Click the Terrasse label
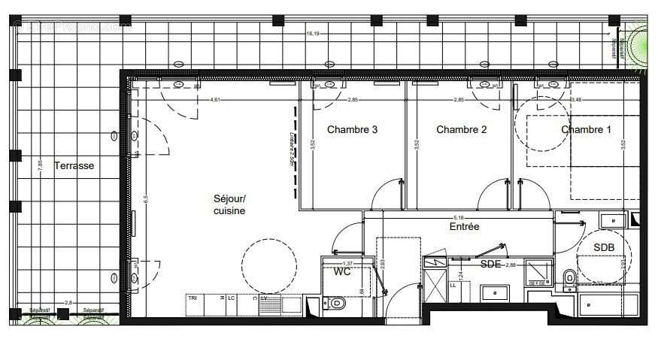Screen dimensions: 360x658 tap(74, 166)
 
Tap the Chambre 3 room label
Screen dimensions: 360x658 tap(352, 129)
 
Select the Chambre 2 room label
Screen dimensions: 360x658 tap(461, 129)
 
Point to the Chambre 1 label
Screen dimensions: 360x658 tap(586, 129)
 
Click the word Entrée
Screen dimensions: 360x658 tap(464, 226)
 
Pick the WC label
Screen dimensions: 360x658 tap(343, 271)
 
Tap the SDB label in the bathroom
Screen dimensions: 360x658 tap(603, 247)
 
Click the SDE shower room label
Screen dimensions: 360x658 tap(490, 264)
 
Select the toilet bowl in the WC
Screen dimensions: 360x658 tap(336, 304)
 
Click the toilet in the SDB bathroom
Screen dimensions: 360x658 tap(569, 279)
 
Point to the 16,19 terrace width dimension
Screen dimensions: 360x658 tap(313, 34)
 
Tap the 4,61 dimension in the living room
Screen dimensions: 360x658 tap(215, 100)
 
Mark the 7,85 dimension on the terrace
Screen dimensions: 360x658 tap(41, 166)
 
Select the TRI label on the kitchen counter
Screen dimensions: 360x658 tap(193, 298)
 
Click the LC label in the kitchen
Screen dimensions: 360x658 tap(231, 298)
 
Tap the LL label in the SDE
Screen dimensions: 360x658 tap(453, 286)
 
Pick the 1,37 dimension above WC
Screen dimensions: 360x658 tap(347, 263)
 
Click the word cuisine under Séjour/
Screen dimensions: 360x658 tap(229, 211)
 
